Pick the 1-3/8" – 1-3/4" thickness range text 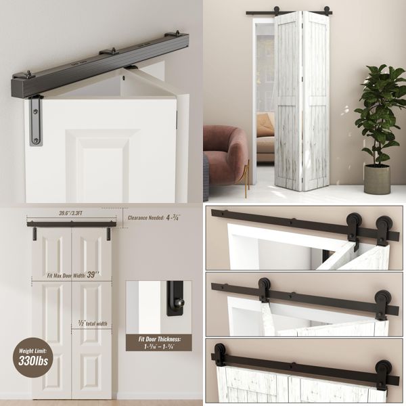coord(158,347)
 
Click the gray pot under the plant coord(377,179)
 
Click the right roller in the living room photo coord(326,12)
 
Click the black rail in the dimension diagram coord(68,224)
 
